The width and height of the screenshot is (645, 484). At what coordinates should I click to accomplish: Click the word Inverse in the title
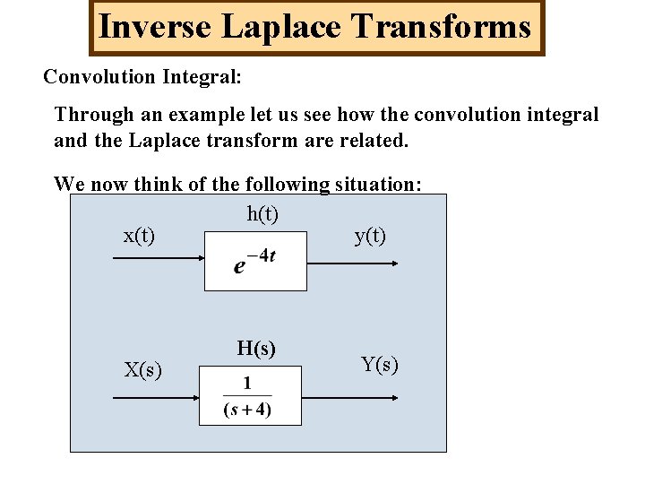click(154, 27)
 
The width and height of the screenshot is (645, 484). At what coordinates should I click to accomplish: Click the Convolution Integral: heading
click(142, 77)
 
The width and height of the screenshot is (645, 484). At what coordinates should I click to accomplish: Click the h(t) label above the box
click(262, 214)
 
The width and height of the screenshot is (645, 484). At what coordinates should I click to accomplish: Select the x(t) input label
click(139, 236)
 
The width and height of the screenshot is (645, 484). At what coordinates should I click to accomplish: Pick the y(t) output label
click(370, 236)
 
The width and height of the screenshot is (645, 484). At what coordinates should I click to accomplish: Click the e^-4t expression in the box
click(255, 263)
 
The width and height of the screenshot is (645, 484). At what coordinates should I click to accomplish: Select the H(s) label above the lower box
click(256, 349)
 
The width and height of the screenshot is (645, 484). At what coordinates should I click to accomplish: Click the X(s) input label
click(142, 369)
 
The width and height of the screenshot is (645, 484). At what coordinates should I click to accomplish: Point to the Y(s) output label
click(379, 364)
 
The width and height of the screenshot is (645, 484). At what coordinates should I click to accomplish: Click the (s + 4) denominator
click(248, 411)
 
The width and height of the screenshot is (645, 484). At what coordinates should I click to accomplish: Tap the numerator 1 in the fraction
click(248, 383)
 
